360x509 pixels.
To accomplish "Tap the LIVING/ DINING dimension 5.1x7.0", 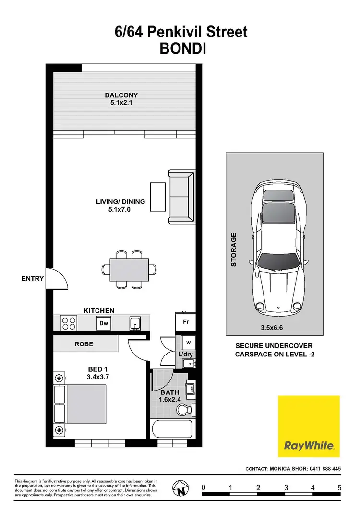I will click(120, 210).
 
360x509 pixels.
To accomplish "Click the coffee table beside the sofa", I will click(157, 196).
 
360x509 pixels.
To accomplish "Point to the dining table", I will click(129, 269).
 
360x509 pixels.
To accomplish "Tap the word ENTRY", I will click(33, 278).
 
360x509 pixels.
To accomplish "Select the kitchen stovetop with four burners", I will click(68, 323).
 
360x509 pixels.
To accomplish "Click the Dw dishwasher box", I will click(104, 323).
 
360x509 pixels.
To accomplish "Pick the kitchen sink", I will click(135, 324).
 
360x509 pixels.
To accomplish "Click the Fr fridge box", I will click(186, 322).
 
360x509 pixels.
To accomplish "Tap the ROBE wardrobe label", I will click(84, 344).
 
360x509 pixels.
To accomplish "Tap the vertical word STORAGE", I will click(234, 249).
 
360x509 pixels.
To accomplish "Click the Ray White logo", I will click(309, 426).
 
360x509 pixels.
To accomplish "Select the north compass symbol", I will click(181, 490).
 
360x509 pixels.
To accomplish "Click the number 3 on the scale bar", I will click(286, 488).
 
